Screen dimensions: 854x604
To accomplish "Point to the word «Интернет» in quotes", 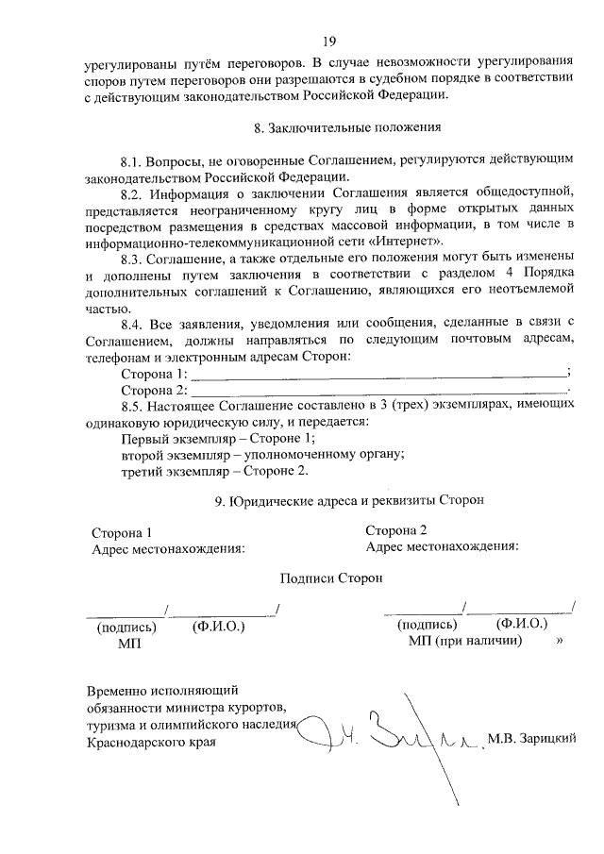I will (405, 240).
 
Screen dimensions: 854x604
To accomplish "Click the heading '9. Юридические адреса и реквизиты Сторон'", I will (349, 501).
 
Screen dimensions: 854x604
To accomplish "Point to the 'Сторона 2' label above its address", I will (396, 529).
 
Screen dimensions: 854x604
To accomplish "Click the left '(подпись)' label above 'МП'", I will (126, 626).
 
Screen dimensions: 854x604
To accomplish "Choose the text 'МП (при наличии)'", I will (465, 641).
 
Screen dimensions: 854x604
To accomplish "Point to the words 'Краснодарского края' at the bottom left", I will (151, 743).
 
